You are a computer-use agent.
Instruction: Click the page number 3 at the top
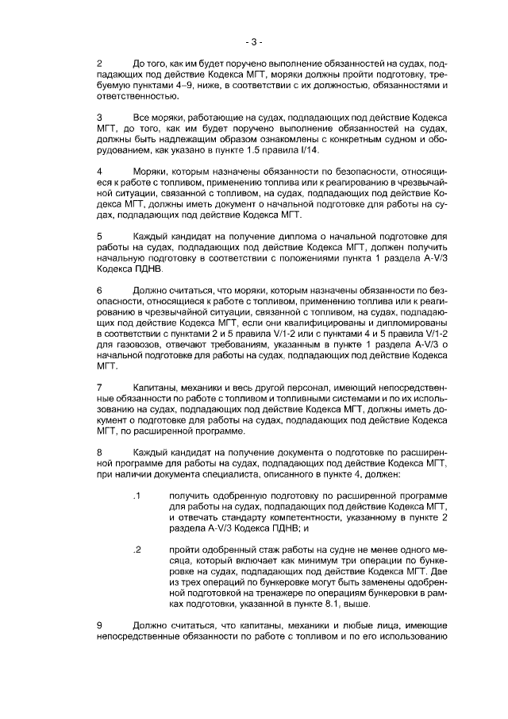point(254,41)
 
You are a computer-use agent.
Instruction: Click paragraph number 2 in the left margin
point(98,63)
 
